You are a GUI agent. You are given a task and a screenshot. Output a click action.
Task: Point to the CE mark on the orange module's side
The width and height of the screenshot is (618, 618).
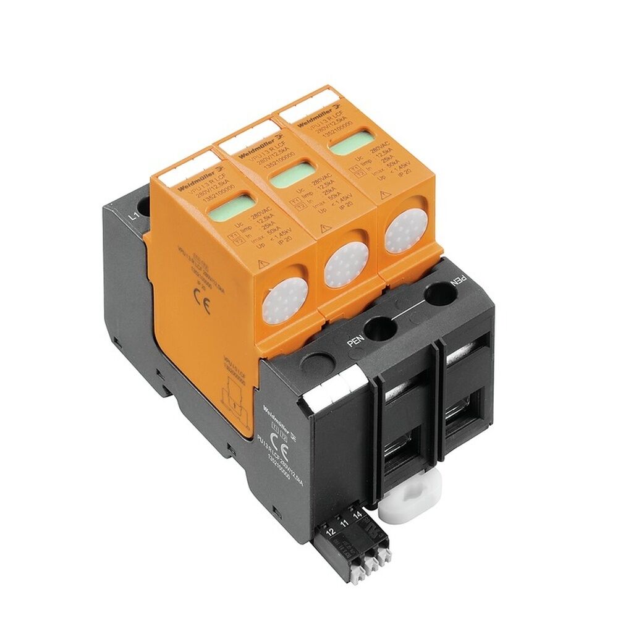202,305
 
